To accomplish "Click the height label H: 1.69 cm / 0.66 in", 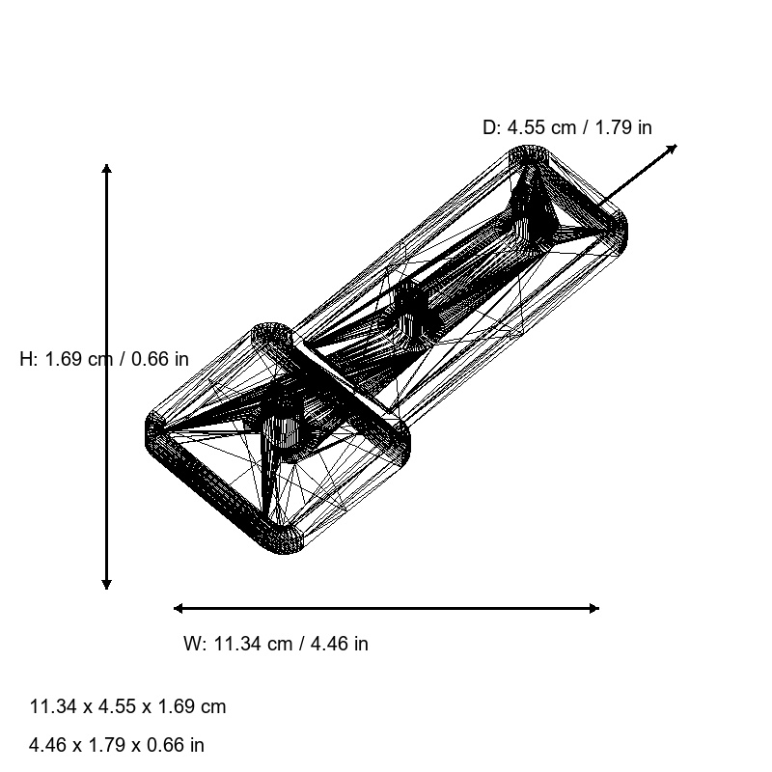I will tap(104, 359).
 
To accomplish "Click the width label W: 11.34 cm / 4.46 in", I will tap(276, 644).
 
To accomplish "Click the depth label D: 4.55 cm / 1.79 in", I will tap(566, 127).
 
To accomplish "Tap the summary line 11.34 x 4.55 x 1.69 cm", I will tap(128, 706).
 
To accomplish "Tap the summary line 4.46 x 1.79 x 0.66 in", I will tap(117, 745).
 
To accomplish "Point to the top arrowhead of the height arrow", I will tap(106, 169).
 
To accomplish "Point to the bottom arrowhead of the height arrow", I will tap(106, 584).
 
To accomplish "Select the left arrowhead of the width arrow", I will tap(179, 608).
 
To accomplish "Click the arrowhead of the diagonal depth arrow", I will tap(673, 148).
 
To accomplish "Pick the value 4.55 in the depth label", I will tap(527, 127).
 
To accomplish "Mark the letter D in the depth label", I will tap(489, 127).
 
